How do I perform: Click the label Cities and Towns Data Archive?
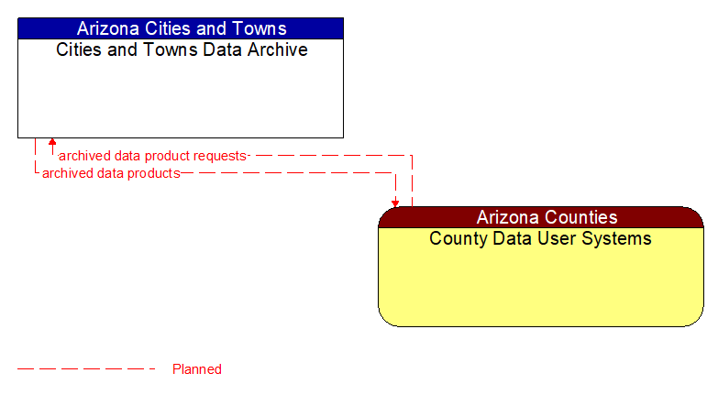coord(182,49)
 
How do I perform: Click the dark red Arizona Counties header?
coord(541,217)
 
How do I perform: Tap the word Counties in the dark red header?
coord(581,217)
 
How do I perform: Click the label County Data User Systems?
coord(541,238)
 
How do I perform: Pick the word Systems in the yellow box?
coord(619,238)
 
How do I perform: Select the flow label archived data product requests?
coord(152,156)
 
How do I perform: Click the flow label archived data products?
coord(111,172)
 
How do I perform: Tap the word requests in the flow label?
coord(219,156)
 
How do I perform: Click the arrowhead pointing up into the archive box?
coord(52,142)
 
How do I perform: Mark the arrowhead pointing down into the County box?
coord(395,203)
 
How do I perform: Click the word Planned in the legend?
coord(197,369)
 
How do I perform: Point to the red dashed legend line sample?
coord(87,369)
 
